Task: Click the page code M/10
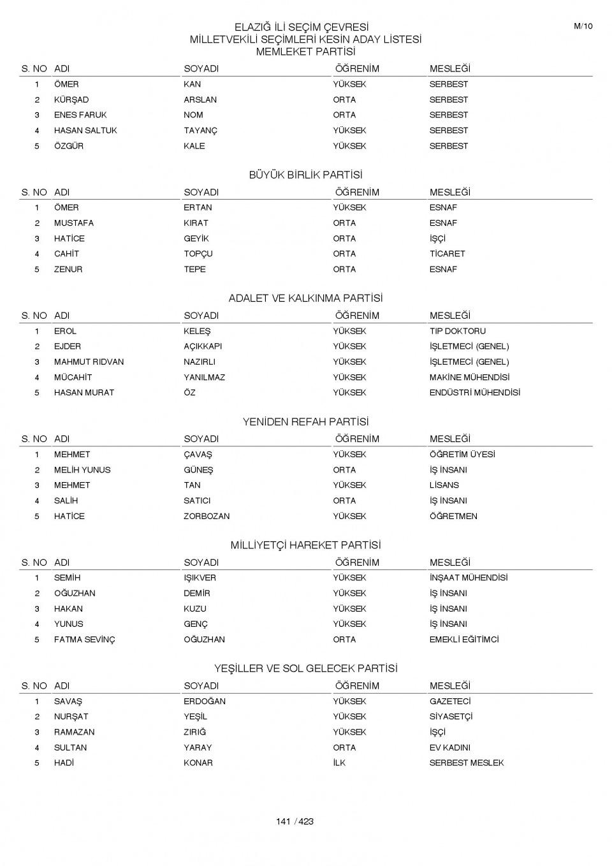pos(583,26)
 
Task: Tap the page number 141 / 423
pos(295,821)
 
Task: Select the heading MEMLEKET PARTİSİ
pos(305,52)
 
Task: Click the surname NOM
pos(193,115)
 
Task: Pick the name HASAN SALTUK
pos(85,131)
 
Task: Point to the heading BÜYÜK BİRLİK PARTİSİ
pos(305,175)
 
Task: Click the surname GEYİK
pos(196,239)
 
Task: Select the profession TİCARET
pos(447,254)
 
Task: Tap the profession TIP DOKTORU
pos(457,331)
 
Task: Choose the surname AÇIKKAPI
pos(203,346)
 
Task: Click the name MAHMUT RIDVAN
pos(89,362)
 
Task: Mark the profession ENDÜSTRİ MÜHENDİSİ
pos(474,393)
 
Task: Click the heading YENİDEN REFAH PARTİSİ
pos(305,422)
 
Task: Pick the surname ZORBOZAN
pos(207,517)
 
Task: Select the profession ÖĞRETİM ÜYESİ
pos(462,455)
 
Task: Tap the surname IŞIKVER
pos(200,578)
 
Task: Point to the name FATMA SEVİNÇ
pos(84,640)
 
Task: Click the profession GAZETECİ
pos(450,701)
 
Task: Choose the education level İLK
pos(339,763)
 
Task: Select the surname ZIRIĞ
pos(195,732)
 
